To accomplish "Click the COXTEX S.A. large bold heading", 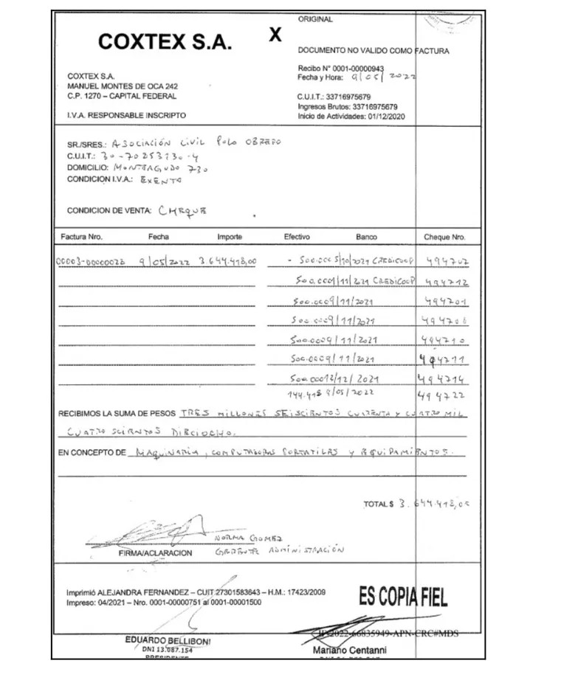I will [x=165, y=43].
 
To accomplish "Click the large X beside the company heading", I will [x=275, y=35].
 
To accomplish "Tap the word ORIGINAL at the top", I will [x=315, y=19].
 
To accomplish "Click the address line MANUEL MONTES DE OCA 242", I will [x=122, y=86].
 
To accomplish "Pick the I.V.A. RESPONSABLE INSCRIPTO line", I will [x=126, y=116].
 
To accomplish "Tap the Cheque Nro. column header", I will [x=444, y=237].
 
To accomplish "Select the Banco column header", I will [x=366, y=237].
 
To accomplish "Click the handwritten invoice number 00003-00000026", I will [x=92, y=262].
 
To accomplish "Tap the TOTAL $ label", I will [x=378, y=504].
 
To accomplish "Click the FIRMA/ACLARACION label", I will [x=155, y=552].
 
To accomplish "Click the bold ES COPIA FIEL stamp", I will [x=402, y=596].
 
